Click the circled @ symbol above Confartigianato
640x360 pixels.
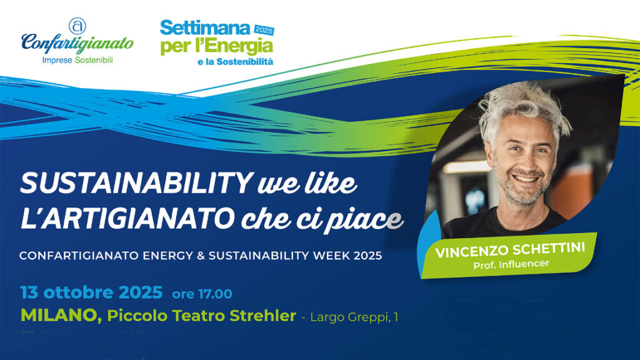(77, 26)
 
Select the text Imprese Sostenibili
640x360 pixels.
(77, 61)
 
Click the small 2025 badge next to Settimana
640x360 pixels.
(264, 30)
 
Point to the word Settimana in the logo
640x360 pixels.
(205, 28)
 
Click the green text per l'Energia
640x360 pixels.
(216, 47)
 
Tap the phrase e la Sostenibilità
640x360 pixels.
(235, 62)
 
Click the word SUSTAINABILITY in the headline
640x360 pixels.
(136, 183)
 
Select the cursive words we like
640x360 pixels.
(307, 183)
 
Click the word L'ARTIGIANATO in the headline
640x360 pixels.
(127, 218)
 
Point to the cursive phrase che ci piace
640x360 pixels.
(322, 220)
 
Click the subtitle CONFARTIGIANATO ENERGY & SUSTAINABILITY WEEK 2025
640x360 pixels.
(201, 256)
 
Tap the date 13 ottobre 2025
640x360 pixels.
(91, 292)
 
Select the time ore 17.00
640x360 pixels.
(202, 294)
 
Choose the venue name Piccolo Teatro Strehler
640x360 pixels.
(202, 316)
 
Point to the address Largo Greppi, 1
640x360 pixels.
(354, 317)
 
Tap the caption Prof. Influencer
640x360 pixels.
(511, 264)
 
